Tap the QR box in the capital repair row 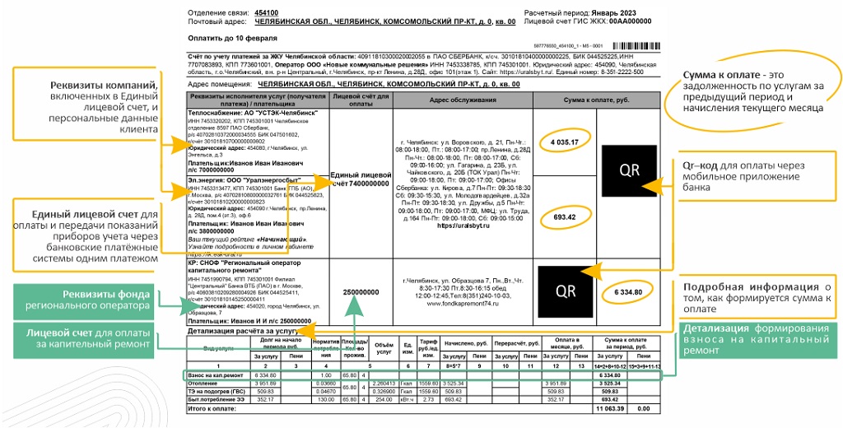click(566, 291)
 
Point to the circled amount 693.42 click(565, 216)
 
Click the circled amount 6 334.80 click(626, 292)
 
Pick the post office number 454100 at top click(267, 13)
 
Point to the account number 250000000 click(360, 292)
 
